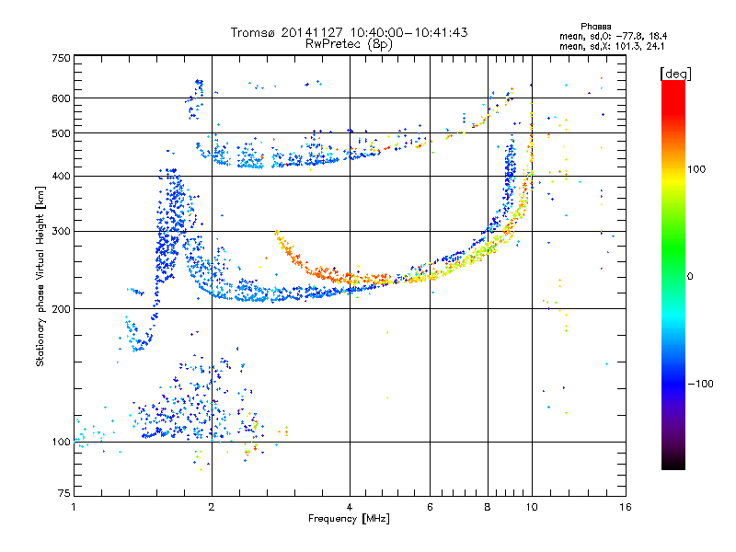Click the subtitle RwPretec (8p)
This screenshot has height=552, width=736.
click(349, 44)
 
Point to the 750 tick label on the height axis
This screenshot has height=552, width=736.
click(61, 58)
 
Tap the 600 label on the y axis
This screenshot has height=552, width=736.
click(61, 98)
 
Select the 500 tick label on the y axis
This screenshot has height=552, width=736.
click(61, 133)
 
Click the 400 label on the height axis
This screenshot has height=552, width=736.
click(61, 176)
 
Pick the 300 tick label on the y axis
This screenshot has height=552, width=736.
click(61, 231)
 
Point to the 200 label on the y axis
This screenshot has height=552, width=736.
click(61, 309)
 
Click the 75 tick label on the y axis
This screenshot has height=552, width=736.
click(64, 493)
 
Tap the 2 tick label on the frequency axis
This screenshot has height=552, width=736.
click(212, 507)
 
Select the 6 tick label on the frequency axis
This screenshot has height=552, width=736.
click(430, 507)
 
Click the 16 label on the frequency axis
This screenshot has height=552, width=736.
click(626, 507)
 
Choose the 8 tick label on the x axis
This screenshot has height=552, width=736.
click(488, 507)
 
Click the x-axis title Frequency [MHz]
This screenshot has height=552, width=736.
click(349, 519)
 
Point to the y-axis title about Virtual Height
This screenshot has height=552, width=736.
click(40, 276)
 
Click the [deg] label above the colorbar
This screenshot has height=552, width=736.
click(675, 74)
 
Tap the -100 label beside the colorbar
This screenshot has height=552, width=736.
click(700, 384)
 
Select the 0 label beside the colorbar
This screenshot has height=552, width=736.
click(690, 276)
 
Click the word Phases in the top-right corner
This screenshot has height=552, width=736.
click(595, 27)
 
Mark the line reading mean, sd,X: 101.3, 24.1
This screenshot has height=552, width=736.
click(612, 47)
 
